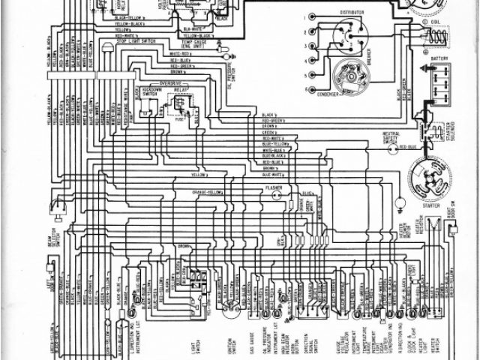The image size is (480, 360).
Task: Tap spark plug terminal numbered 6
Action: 308,89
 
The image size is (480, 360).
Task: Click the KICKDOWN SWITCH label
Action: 153,91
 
